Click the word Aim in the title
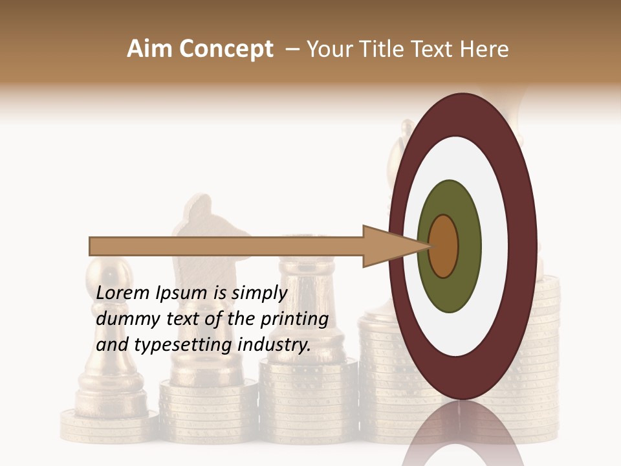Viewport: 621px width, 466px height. [150, 49]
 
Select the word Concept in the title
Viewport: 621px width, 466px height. [226, 50]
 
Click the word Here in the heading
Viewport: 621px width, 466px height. [485, 49]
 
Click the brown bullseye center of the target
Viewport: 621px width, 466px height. [444, 246]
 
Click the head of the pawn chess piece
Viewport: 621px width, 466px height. [107, 274]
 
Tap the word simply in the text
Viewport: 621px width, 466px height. [259, 294]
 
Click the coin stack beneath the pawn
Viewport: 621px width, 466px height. [107, 424]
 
